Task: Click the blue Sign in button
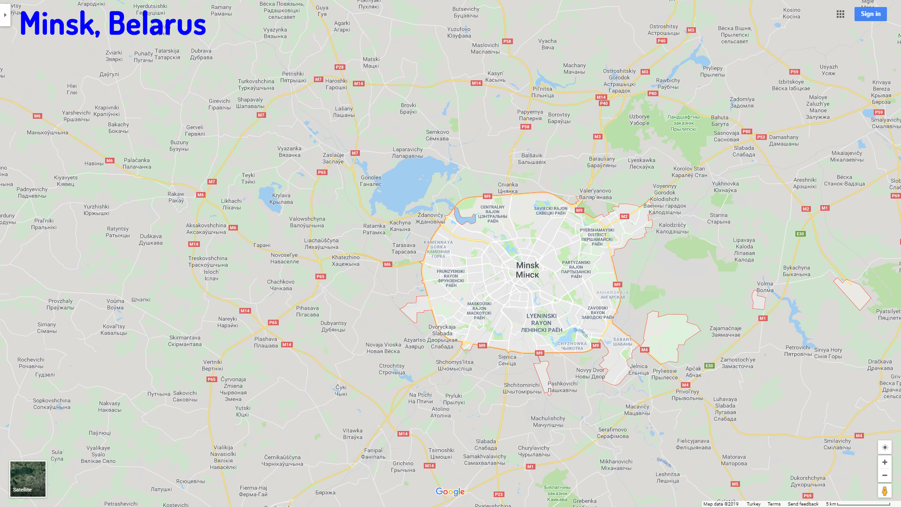[x=870, y=14]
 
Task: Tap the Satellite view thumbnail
[x=28, y=479]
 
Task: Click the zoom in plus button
[x=885, y=462]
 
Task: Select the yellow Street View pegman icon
[x=885, y=491]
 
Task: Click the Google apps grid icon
[x=840, y=14]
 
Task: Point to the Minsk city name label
[x=527, y=270]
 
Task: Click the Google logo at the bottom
[x=450, y=492]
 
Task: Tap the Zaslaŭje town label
[x=333, y=158]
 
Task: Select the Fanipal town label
[x=374, y=453]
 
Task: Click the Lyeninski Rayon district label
[x=542, y=323]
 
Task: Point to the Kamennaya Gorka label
[x=438, y=249]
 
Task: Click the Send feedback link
[x=803, y=504]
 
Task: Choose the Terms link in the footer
[x=774, y=504]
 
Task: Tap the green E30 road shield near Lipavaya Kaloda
[x=800, y=234]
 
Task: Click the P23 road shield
[x=499, y=494]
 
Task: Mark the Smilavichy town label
[x=838, y=444]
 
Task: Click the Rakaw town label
[x=176, y=197]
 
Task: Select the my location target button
[x=885, y=447]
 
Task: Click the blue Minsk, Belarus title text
[x=113, y=23]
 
